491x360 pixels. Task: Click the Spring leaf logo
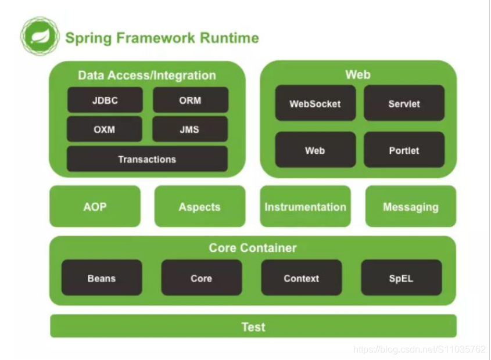(x=40, y=37)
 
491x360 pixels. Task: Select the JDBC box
(x=105, y=100)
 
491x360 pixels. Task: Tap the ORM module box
(x=191, y=100)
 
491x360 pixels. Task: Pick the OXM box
(x=104, y=129)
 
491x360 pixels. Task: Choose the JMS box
(x=190, y=129)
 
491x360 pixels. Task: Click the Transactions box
(x=147, y=159)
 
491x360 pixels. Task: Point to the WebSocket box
(x=316, y=103)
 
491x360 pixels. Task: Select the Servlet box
(x=404, y=103)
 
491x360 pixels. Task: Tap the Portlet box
(x=404, y=150)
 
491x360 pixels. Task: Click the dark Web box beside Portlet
(x=316, y=150)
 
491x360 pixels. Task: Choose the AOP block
(x=95, y=206)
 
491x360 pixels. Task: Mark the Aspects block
(x=200, y=206)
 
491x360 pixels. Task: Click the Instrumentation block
(x=305, y=206)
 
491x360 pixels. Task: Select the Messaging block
(x=411, y=206)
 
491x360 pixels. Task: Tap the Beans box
(x=102, y=278)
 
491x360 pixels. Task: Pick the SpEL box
(x=402, y=278)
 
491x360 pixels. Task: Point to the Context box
(x=302, y=278)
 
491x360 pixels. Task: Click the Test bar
(x=253, y=326)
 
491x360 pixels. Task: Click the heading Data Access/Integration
(x=147, y=75)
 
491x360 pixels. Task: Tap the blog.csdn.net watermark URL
(x=420, y=349)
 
